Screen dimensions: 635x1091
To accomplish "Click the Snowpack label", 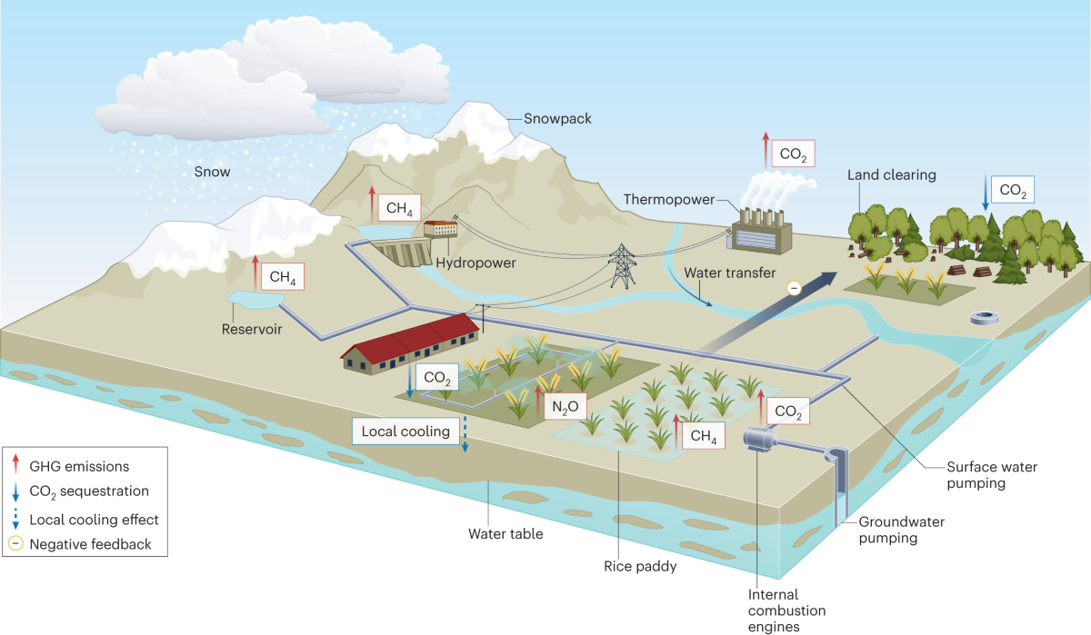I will [x=557, y=119].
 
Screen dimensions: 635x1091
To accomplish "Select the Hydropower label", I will [x=475, y=263].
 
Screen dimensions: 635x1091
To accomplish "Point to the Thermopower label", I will [x=668, y=199].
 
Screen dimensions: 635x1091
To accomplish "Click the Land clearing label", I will [x=891, y=174].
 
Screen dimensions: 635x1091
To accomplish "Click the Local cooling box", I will [x=405, y=431].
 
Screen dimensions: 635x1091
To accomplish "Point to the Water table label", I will [x=505, y=533].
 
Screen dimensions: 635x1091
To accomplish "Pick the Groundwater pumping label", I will [x=900, y=530].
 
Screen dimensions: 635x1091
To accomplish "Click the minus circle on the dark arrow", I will [x=794, y=288].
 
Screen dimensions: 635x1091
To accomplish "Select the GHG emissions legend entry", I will [x=79, y=466].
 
